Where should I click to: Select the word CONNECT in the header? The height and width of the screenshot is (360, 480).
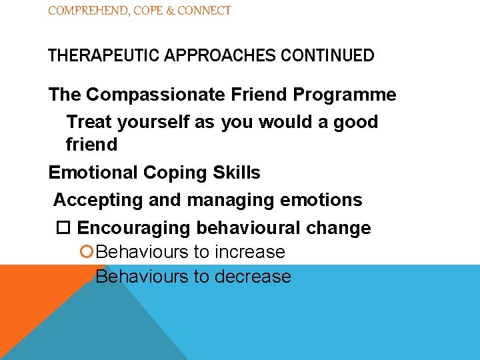205,11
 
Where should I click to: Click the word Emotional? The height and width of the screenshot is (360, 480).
93,173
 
